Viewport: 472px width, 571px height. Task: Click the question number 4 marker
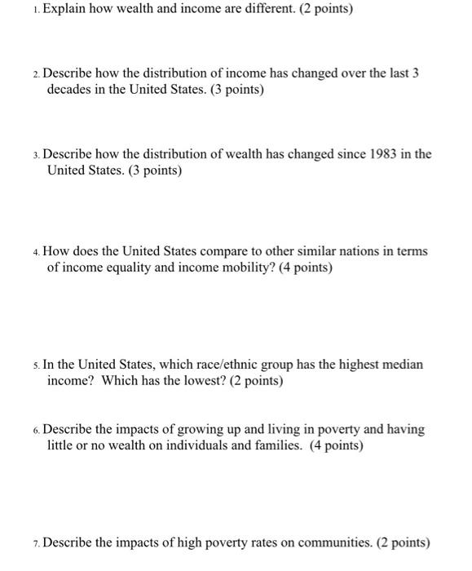[x=36, y=252]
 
